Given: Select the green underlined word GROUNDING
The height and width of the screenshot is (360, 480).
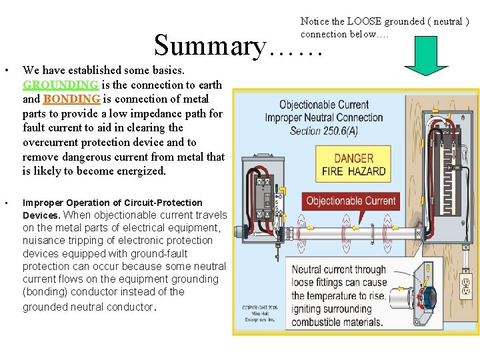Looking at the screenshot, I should click(x=61, y=85).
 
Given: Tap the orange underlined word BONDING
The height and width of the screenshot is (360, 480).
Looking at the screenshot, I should click(x=71, y=99).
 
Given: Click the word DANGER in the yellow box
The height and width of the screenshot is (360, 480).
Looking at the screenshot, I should click(x=353, y=158).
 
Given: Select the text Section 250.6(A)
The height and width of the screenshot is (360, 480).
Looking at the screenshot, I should click(x=323, y=131).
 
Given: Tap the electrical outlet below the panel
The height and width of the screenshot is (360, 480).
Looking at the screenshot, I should click(x=466, y=287).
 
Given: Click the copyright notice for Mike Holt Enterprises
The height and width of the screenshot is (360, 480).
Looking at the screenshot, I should click(x=261, y=314).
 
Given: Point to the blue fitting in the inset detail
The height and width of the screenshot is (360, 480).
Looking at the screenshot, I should click(x=424, y=291).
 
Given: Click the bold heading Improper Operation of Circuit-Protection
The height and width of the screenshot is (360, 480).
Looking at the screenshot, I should click(x=113, y=203).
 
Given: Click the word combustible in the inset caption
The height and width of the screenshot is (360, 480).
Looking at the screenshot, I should click(x=324, y=322).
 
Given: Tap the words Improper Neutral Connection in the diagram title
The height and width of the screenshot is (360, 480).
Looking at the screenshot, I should click(x=324, y=117).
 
